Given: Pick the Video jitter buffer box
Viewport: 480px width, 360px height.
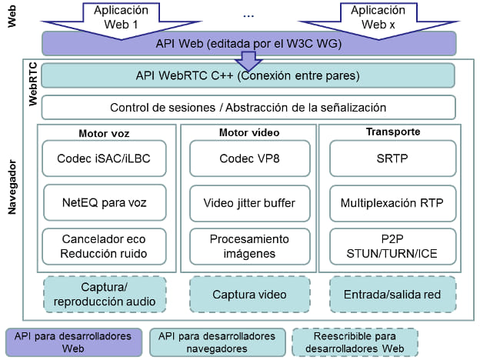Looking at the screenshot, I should click(x=249, y=203).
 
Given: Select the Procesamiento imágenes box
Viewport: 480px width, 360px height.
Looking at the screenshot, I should click(x=249, y=245).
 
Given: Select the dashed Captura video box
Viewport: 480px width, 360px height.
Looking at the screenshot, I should click(x=249, y=293).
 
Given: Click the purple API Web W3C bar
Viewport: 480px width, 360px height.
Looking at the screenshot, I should click(x=249, y=43).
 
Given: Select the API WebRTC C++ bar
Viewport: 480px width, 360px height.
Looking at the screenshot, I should click(x=249, y=75).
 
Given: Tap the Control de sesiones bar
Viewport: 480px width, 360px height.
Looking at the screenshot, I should click(x=249, y=107).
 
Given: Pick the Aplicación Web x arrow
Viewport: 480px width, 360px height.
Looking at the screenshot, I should click(x=377, y=17).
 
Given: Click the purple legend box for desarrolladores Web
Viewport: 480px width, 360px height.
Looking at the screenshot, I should click(x=72, y=342).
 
